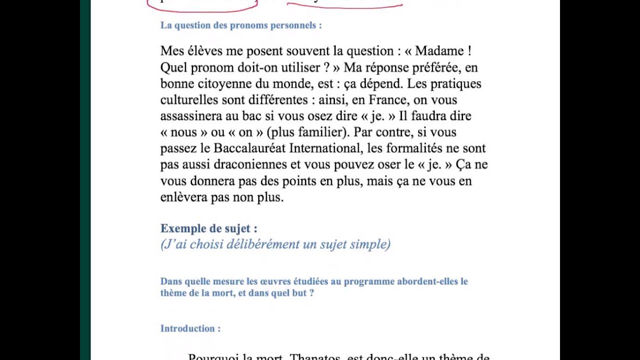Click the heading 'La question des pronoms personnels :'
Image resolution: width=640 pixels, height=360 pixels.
pyautogui.click(x=241, y=25)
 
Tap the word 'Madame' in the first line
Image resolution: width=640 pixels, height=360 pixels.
pyautogui.click(x=440, y=51)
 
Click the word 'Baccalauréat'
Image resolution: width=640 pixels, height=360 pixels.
pyautogui.click(x=249, y=148)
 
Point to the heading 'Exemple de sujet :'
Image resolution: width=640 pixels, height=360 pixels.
pyautogui.click(x=208, y=228)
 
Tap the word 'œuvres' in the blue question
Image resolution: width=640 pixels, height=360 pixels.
pyautogui.click(x=253, y=281)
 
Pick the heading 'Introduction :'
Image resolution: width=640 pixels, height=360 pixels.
pyautogui.click(x=190, y=328)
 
